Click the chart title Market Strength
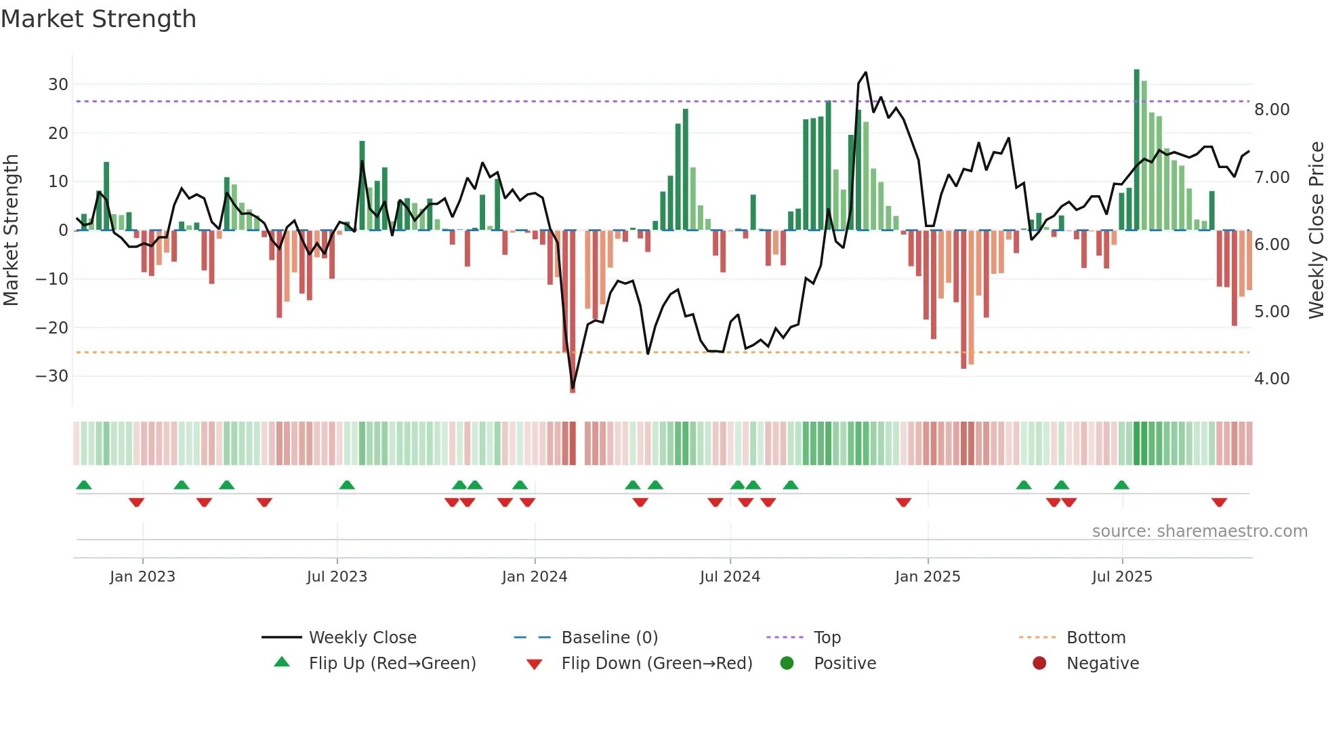click(98, 19)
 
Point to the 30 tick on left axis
click(58, 85)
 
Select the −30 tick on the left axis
click(52, 376)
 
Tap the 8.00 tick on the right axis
click(1272, 110)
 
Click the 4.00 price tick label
click(1272, 379)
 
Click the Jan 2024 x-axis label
click(535, 577)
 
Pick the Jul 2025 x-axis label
click(1122, 577)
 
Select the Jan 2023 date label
click(142, 577)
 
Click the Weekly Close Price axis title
click(1316, 230)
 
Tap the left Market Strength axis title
click(11, 230)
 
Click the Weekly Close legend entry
click(362, 638)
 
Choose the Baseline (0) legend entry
click(609, 638)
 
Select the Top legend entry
click(827, 638)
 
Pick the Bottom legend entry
click(1096, 638)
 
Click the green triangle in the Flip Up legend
click(282, 662)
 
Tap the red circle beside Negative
click(1039, 663)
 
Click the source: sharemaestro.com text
click(1199, 531)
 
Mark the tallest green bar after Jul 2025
click(1137, 149)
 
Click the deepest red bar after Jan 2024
click(573, 312)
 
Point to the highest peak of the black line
click(866, 73)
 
